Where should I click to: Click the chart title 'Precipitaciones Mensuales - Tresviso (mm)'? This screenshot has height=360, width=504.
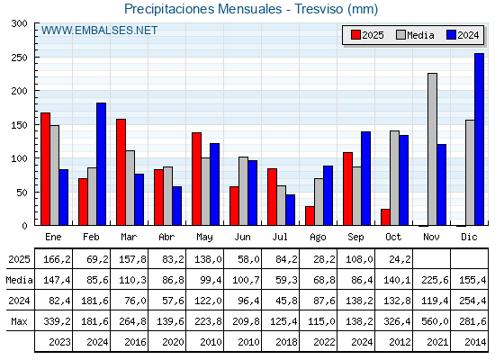251,9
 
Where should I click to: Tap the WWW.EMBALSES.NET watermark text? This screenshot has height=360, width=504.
99,31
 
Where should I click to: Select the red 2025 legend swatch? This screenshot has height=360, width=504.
355,35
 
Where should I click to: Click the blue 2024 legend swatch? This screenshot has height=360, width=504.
452,35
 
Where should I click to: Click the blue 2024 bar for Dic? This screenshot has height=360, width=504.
479,139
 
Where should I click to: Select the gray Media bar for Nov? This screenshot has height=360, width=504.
432,149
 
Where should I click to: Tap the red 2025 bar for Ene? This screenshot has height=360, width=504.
45,169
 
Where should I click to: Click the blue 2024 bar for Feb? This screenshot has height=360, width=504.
102,164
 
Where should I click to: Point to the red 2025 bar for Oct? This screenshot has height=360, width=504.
385,217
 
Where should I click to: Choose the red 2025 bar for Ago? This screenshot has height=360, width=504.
310,216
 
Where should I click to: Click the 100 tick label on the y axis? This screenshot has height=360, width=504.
18,158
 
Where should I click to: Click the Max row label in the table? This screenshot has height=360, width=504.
18,321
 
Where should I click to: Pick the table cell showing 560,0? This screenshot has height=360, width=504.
432,321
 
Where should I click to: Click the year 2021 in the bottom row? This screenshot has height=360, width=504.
432,342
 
